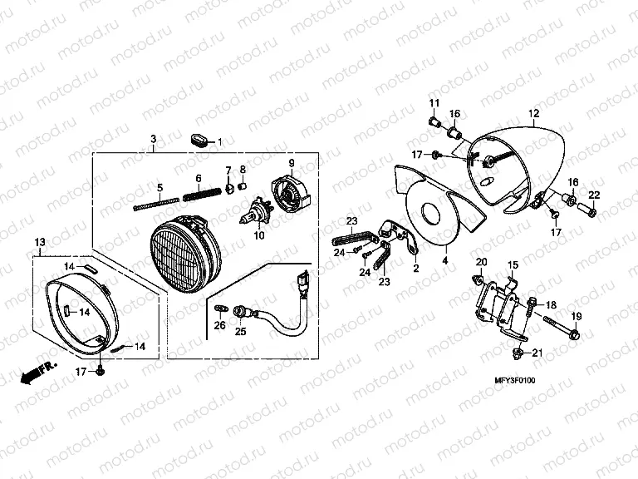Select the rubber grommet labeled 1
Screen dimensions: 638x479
click(199, 140)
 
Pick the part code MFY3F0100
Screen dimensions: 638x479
click(515, 380)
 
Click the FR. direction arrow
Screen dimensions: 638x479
click(39, 372)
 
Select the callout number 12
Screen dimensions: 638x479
click(534, 113)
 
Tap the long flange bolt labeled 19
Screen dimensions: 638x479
click(562, 327)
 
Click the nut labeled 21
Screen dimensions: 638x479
click(518, 352)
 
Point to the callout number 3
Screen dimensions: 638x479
click(154, 139)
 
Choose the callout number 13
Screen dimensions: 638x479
click(40, 242)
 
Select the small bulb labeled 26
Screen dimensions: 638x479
click(220, 309)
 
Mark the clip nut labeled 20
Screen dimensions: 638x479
click(477, 279)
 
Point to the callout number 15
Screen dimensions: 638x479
click(513, 265)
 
